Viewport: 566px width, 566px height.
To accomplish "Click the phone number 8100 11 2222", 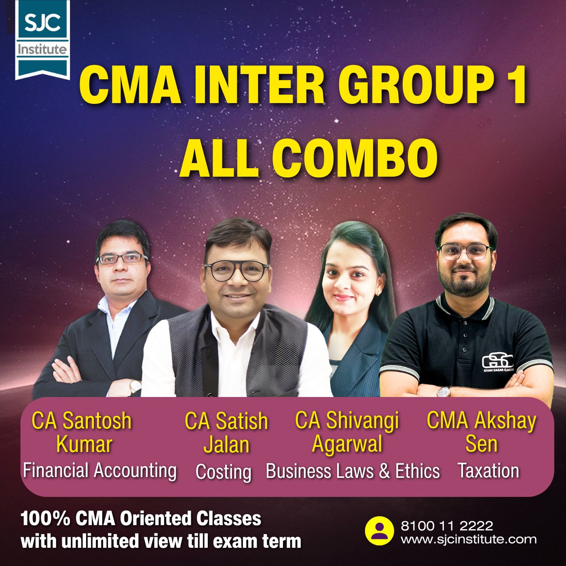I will click(447, 526).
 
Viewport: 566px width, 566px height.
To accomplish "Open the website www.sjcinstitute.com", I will click(469, 539).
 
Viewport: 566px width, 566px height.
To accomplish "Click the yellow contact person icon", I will click(379, 531).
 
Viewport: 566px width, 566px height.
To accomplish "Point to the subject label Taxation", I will click(488, 471).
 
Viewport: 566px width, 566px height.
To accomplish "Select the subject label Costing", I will click(223, 472).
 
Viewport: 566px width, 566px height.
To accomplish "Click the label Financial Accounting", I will click(99, 471).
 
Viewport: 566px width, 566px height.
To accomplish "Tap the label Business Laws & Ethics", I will click(353, 471).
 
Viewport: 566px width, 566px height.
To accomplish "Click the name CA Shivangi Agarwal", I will click(347, 432).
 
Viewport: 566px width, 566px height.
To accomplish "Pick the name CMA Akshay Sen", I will click(481, 432).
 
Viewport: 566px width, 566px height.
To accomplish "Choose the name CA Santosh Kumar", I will click(82, 432).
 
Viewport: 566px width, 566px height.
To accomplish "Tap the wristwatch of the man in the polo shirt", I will click(444, 391).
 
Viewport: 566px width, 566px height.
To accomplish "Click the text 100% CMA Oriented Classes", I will click(141, 519).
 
